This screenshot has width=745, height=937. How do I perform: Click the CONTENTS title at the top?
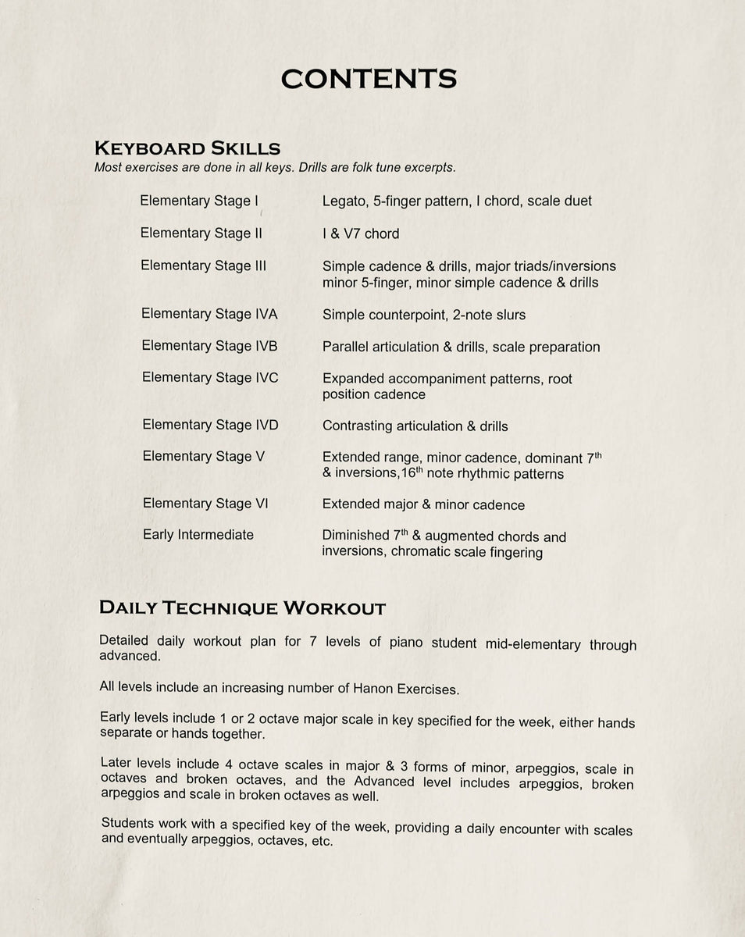369,79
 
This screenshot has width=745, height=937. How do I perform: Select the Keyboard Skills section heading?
187,148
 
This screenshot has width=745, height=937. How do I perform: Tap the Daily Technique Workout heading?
242,608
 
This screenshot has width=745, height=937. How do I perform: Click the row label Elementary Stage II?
201,233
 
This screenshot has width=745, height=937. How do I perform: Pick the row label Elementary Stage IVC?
210,378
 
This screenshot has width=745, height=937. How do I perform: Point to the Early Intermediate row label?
198,535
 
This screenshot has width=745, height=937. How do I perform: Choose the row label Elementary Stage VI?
205,504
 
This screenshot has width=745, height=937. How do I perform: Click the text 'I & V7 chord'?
360,233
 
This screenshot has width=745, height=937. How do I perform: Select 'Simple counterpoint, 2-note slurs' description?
424,315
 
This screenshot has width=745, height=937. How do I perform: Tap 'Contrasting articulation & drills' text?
415,426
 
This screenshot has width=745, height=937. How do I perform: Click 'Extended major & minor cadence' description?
423,505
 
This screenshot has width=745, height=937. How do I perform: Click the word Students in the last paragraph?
129,824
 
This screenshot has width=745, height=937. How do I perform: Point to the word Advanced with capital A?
383,782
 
